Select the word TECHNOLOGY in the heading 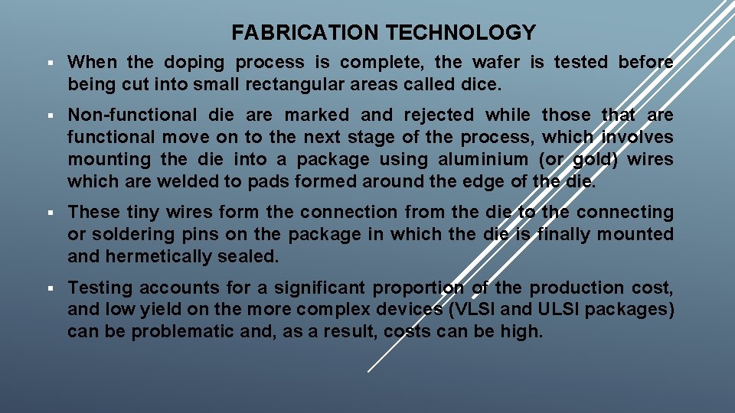[461, 32]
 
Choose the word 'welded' [195, 182]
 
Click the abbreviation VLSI [486, 311]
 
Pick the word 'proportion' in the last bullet [419, 288]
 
